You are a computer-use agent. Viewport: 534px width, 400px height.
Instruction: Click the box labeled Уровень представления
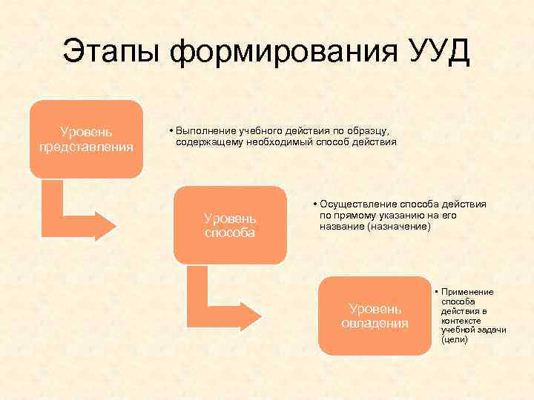86,139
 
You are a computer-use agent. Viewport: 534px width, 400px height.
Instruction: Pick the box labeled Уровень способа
230,224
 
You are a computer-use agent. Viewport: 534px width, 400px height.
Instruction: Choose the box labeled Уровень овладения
375,316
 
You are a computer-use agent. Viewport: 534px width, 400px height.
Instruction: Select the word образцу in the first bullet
378,130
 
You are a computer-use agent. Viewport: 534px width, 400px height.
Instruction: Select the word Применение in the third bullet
467,293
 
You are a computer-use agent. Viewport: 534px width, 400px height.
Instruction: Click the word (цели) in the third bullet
454,340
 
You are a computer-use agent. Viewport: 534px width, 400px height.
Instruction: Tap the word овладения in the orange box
375,323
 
